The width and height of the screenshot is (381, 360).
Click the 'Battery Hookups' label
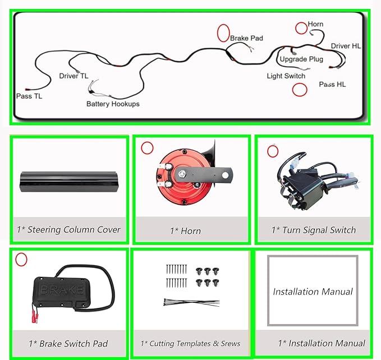coord(113,104)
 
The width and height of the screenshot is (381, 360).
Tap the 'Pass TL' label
coord(29,96)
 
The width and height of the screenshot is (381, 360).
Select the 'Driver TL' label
coord(74,76)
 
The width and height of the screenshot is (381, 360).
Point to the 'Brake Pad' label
coord(246,38)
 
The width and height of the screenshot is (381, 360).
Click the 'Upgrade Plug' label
coord(301,59)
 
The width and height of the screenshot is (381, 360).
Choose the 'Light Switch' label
coord(286,76)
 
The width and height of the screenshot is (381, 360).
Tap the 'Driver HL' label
coord(346,46)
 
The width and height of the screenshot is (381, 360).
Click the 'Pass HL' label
coord(332,84)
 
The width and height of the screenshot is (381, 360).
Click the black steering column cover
coord(69,182)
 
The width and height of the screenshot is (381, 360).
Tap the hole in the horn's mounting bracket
coord(225,175)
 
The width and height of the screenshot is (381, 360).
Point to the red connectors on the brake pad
coord(35,317)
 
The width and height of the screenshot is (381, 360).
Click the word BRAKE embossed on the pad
coord(62,289)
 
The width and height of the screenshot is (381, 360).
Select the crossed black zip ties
coord(192,302)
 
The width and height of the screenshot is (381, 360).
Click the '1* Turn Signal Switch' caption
coord(314,230)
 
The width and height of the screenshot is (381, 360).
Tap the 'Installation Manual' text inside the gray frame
coord(313,292)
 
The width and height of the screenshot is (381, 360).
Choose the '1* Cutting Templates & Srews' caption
coord(190,344)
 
